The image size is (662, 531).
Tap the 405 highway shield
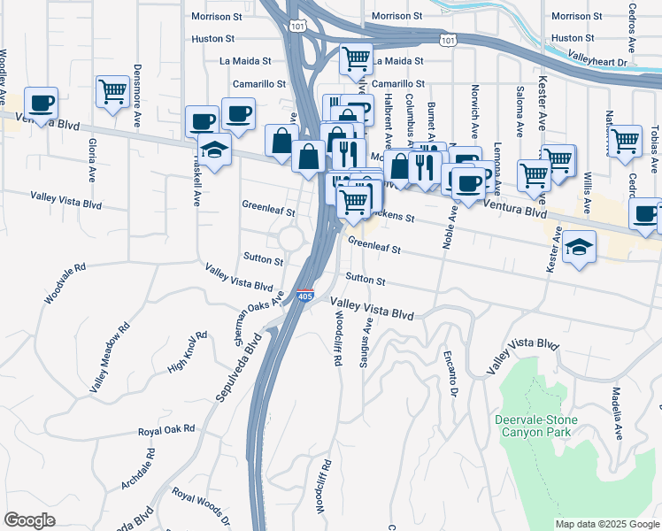304,296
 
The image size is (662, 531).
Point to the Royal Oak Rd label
165,430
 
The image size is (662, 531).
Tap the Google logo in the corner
29,519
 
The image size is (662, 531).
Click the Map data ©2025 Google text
606,524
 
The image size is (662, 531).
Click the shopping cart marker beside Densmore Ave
113,93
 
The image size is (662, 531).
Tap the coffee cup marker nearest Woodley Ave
41,103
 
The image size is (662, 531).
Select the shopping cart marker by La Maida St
356,60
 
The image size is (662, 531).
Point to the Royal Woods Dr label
201,507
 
